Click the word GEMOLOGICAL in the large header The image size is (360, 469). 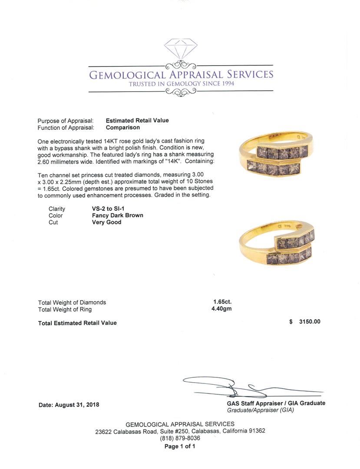[x=127, y=75]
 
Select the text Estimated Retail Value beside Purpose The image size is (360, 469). [x=137, y=121]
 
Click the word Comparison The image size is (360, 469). [x=123, y=128]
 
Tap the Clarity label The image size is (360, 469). [x=57, y=208]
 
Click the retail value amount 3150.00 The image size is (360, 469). [x=310, y=322]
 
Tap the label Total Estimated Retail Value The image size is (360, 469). [x=77, y=323]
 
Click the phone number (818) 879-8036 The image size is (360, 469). [x=180, y=439]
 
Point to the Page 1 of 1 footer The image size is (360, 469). [x=180, y=446]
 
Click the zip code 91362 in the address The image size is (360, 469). [x=256, y=431]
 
